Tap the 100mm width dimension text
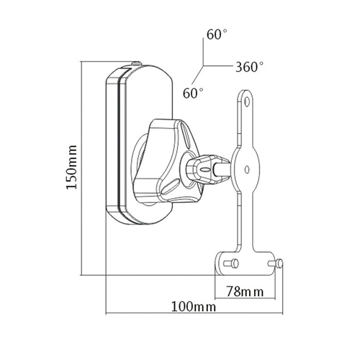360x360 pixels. pos(195,307)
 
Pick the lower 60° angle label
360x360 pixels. pos(193,94)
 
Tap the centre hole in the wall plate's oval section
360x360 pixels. pos(247,171)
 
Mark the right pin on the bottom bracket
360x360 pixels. pos(276,264)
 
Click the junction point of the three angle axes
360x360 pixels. pos(203,67)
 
